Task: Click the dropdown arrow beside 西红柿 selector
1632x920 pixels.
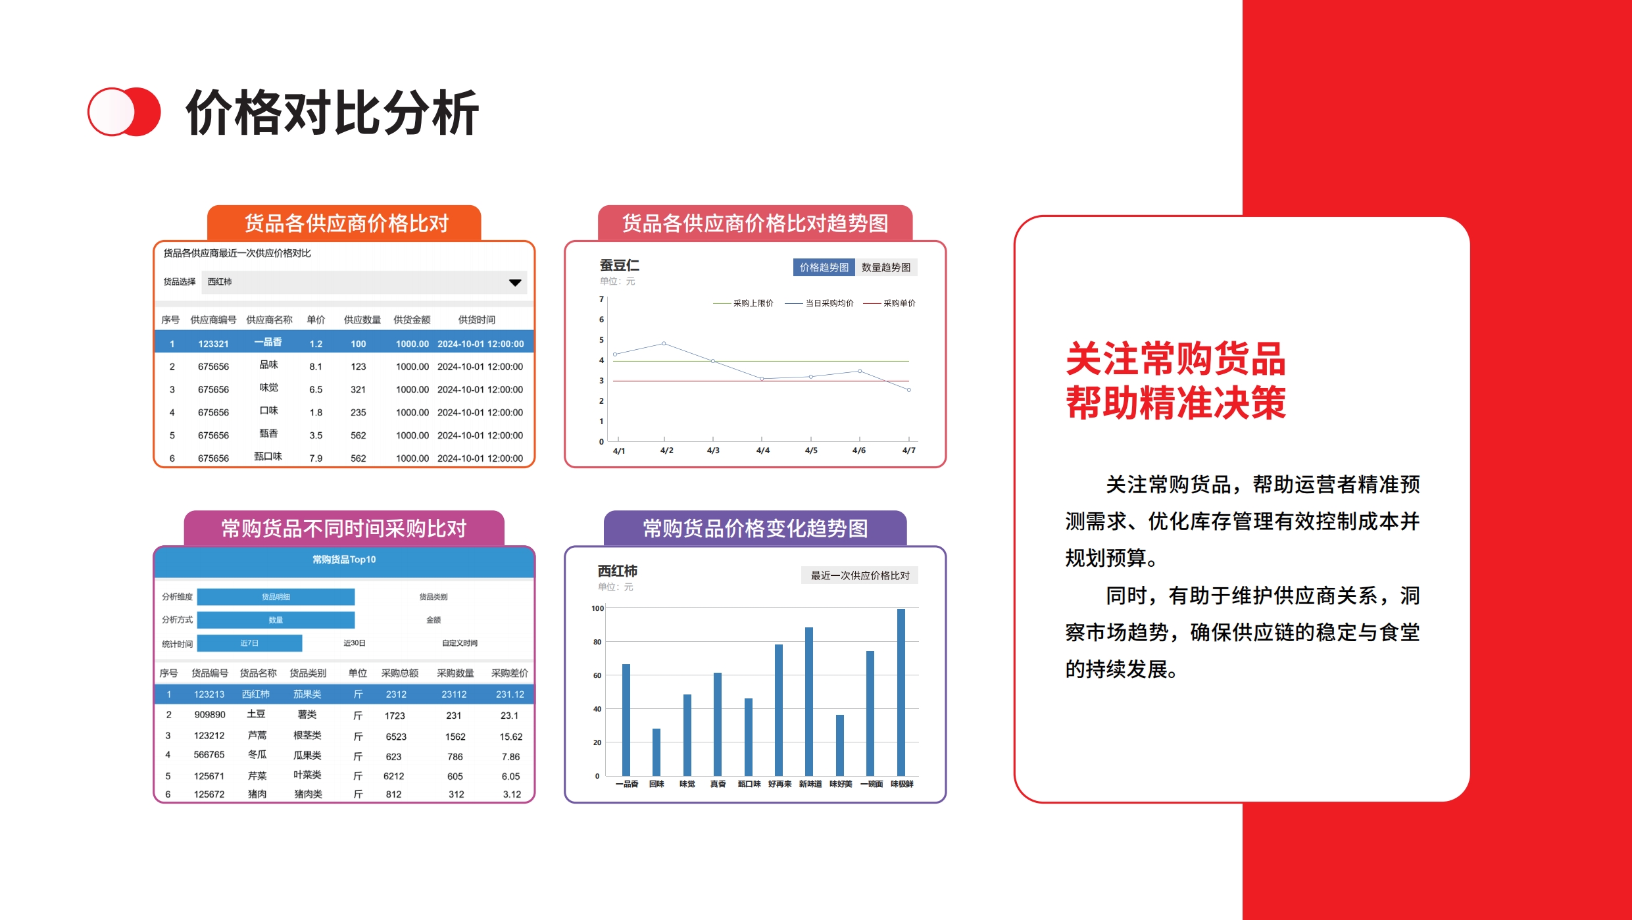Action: pyautogui.click(x=515, y=283)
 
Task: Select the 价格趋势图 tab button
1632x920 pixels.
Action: pyautogui.click(x=824, y=267)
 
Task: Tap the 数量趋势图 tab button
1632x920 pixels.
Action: pyautogui.click(x=886, y=267)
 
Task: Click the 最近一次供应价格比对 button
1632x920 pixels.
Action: pyautogui.click(x=860, y=575)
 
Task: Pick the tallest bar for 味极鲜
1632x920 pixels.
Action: pyautogui.click(x=901, y=692)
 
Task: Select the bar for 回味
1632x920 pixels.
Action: pyautogui.click(x=656, y=752)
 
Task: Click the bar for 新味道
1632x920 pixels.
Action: pyautogui.click(x=809, y=702)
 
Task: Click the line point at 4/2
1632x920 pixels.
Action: pyautogui.click(x=664, y=343)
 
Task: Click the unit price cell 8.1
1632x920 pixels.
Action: pyautogui.click(x=316, y=367)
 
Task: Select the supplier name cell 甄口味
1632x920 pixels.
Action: pyautogui.click(x=268, y=456)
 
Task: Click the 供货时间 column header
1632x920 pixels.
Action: pyautogui.click(x=477, y=320)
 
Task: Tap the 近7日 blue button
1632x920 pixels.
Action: pyautogui.click(x=249, y=643)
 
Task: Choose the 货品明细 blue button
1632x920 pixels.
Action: pyautogui.click(x=276, y=596)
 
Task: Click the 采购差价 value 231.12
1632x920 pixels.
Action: pyautogui.click(x=510, y=694)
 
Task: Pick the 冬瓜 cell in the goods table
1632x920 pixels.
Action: pyautogui.click(x=257, y=755)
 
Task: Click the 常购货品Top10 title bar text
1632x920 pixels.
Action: pyautogui.click(x=344, y=560)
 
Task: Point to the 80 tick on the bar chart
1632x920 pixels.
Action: pyautogui.click(x=597, y=642)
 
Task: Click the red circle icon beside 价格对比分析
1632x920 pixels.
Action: pyautogui.click(x=124, y=112)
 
